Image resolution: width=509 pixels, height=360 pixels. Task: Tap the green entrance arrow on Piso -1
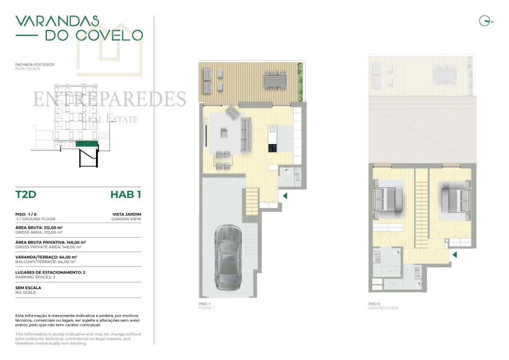coord(285,196)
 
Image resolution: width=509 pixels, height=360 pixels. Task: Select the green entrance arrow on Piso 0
coord(454,255)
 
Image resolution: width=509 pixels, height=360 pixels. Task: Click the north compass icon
coord(484,22)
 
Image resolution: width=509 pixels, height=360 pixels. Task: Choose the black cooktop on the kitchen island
coord(272,148)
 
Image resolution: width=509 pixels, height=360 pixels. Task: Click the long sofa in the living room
coord(245,133)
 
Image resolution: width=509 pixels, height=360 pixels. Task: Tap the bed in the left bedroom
coord(388,199)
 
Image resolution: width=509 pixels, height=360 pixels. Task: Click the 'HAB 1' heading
coord(125,194)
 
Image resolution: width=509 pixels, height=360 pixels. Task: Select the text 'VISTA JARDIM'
coord(127,214)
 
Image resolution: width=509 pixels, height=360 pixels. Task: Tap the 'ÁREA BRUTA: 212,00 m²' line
coord(40,228)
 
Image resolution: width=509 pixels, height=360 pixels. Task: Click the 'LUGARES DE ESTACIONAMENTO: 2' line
coord(50,272)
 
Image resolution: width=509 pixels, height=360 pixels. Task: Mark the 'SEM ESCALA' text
coord(29,287)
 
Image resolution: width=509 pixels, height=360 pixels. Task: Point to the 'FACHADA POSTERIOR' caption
coord(35,64)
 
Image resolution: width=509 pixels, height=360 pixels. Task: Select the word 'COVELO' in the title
coord(94,35)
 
